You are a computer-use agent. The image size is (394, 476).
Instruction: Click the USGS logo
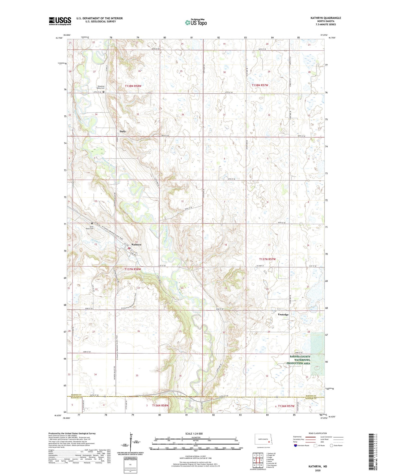tap(60, 21)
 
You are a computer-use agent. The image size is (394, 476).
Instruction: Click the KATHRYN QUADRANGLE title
tap(326, 18)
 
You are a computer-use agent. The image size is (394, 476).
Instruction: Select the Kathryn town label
tap(136, 245)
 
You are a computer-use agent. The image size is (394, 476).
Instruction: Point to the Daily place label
tap(123, 131)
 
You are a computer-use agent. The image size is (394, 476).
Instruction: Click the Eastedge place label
tap(283, 315)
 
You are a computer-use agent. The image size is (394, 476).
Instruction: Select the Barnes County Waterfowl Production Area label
tap(298, 360)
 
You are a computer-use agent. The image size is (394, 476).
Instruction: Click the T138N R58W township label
tap(133, 86)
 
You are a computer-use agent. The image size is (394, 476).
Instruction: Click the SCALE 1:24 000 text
tap(194, 433)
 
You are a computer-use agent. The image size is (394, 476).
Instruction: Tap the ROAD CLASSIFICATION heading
tap(317, 433)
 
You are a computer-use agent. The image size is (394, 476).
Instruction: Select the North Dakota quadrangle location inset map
tap(262, 440)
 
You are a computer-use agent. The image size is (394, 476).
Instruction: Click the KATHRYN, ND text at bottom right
tap(318, 466)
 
